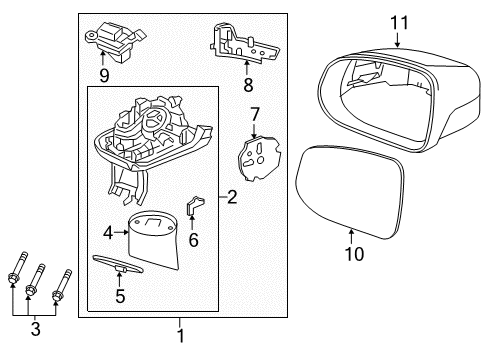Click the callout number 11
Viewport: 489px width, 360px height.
click(x=399, y=23)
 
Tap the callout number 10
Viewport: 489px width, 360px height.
click(x=354, y=254)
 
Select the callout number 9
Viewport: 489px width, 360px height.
click(x=104, y=76)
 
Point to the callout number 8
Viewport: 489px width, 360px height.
click(x=248, y=85)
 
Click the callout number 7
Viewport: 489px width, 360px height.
click(x=255, y=115)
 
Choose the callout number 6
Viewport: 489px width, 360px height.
click(x=193, y=240)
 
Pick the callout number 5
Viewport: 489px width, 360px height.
click(x=120, y=296)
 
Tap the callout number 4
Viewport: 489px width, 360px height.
click(x=108, y=233)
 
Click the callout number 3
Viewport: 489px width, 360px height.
click(x=35, y=329)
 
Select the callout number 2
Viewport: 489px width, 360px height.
click(x=232, y=197)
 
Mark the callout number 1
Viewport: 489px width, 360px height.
click(x=180, y=336)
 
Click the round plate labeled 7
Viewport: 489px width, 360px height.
click(x=258, y=159)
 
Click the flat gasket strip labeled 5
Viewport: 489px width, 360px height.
click(x=117, y=263)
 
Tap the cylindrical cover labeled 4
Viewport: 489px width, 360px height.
click(x=153, y=238)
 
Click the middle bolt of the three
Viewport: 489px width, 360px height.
click(x=36, y=278)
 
